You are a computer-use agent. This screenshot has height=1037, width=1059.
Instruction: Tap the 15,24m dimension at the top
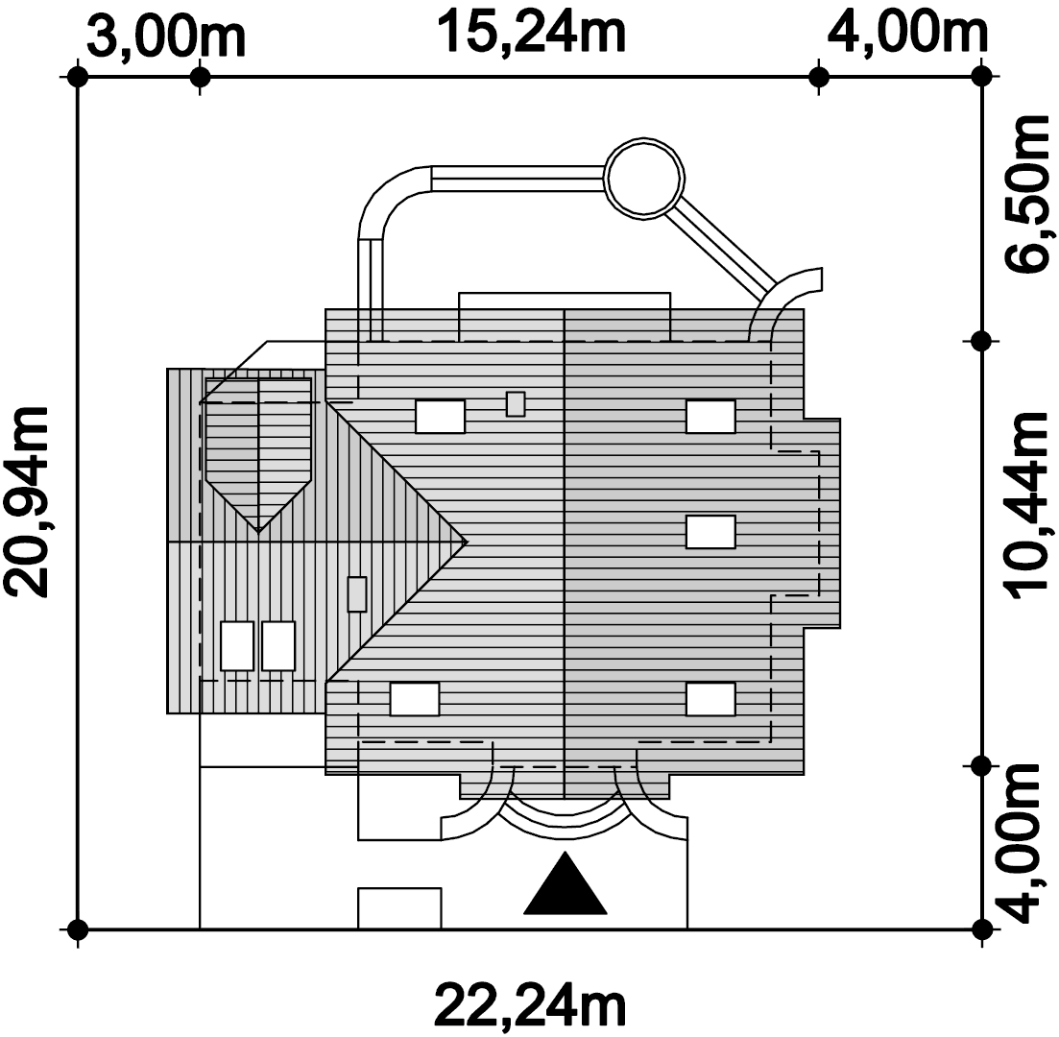click(532, 33)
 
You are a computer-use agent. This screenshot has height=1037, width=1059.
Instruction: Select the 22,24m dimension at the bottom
click(530, 1006)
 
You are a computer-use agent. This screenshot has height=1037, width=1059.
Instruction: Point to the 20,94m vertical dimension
click(28, 502)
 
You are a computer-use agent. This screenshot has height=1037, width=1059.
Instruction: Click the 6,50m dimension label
click(1026, 195)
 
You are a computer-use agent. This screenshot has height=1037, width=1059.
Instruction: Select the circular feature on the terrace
click(644, 179)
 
